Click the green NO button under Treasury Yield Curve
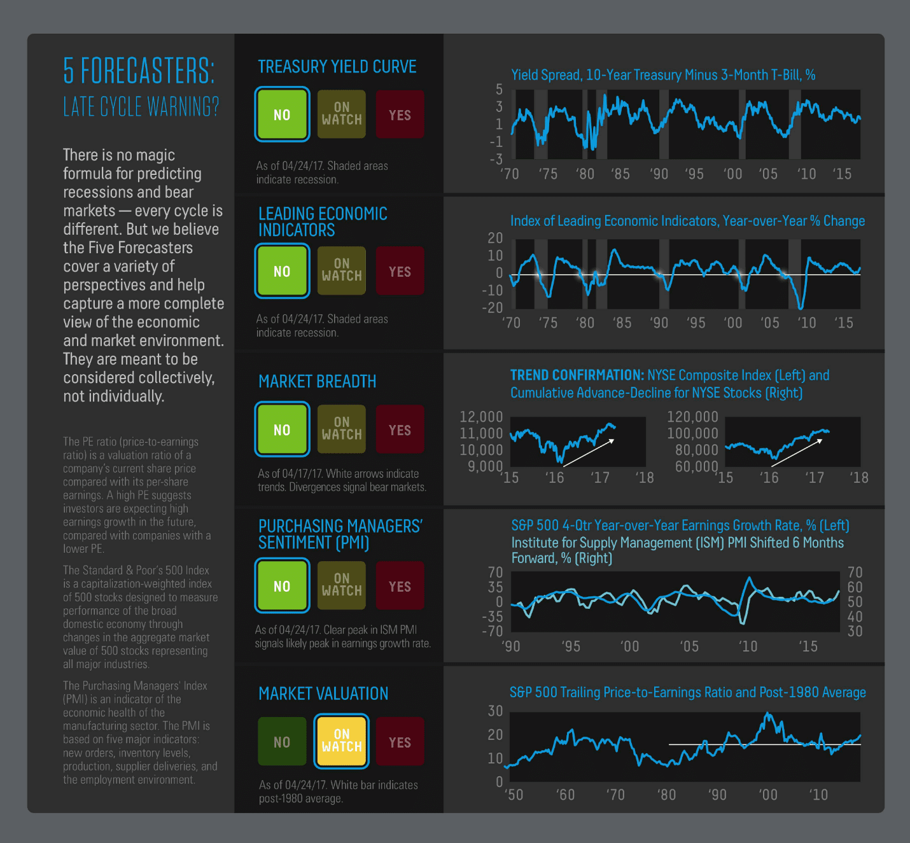pyautogui.click(x=282, y=114)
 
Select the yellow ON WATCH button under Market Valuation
pyautogui.click(x=341, y=741)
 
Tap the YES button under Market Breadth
pyautogui.click(x=400, y=429)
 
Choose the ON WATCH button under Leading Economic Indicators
pyautogui.click(x=341, y=270)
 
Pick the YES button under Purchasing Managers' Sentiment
pyautogui.click(x=400, y=585)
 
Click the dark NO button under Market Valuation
pyautogui.click(x=282, y=741)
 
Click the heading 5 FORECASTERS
pyautogui.click(x=139, y=71)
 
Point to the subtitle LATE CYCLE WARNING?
pyautogui.click(x=141, y=107)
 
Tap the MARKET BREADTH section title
pyautogui.click(x=317, y=381)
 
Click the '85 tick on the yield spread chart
pyautogui.click(x=620, y=174)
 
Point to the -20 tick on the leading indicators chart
pyautogui.click(x=493, y=307)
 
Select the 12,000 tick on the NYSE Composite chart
pyautogui.click(x=481, y=417)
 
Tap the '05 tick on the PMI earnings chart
pyautogui.click(x=690, y=646)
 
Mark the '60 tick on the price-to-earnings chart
pyautogui.click(x=566, y=795)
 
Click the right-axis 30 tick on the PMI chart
pyautogui.click(x=855, y=631)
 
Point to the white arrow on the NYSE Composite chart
pyautogui.click(x=589, y=452)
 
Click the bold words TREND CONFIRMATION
pyautogui.click(x=577, y=375)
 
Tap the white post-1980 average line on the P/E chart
pyautogui.click(x=765, y=744)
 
